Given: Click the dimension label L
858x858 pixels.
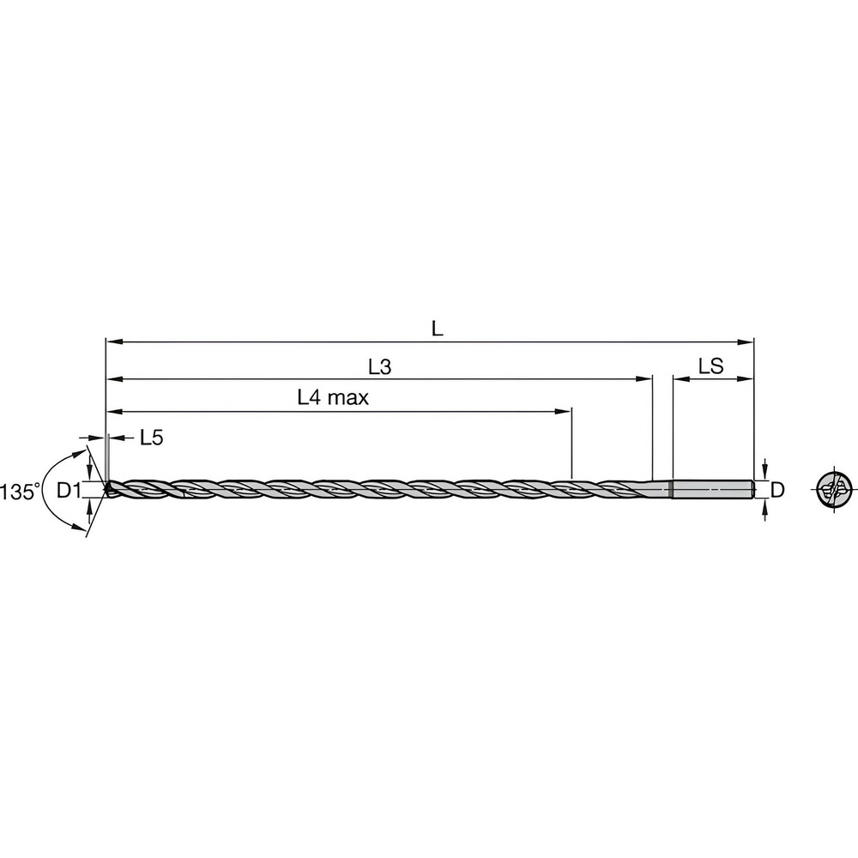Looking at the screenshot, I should click(x=438, y=328).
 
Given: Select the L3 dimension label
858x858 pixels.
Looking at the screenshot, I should click(x=379, y=367).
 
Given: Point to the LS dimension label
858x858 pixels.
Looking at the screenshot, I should click(x=711, y=367).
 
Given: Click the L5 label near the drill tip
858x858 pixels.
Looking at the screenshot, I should click(x=151, y=438).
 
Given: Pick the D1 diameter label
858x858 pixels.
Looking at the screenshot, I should click(x=68, y=491).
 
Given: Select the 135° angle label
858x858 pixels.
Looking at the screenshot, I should click(x=20, y=492).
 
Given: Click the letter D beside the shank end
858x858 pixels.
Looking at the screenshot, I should click(x=777, y=491).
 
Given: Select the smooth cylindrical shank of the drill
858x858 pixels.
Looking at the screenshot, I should click(x=712, y=490).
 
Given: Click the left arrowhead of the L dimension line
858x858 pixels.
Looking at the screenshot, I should click(x=110, y=341).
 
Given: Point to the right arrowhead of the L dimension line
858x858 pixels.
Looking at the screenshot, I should click(x=748, y=341).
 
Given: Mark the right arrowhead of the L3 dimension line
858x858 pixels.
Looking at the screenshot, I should click(x=647, y=378).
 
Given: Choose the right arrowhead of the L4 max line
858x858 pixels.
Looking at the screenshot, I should click(x=566, y=410).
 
